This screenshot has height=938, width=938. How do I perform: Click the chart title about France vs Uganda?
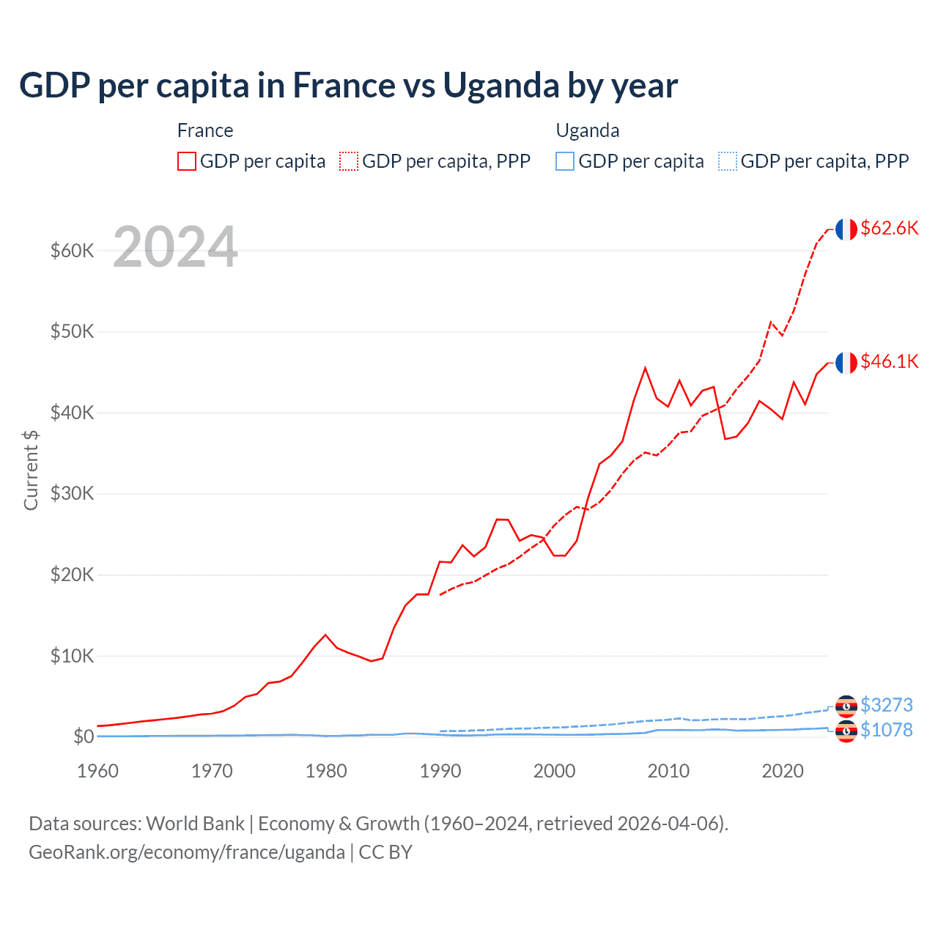pyautogui.click(x=348, y=86)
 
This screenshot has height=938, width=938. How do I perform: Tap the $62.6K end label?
pyautogui.click(x=889, y=228)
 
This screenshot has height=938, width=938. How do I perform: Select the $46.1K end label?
pyautogui.click(x=889, y=361)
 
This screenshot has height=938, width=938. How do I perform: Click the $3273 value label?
pyautogui.click(x=886, y=705)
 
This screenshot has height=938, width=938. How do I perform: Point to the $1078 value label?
pyautogui.click(x=886, y=730)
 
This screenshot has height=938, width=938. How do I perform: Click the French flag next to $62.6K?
pyautogui.click(x=846, y=229)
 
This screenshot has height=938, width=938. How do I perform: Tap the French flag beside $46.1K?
pyautogui.click(x=846, y=363)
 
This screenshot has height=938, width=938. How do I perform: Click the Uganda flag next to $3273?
pyautogui.click(x=846, y=706)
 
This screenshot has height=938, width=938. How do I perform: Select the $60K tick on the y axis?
pyautogui.click(x=72, y=251)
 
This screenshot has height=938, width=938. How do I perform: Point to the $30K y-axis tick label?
pyautogui.click(x=72, y=494)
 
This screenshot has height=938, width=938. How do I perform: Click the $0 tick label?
pyautogui.click(x=83, y=736)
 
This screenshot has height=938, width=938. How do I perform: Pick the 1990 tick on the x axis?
pyautogui.click(x=440, y=771)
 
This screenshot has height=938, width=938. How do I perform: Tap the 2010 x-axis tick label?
pyautogui.click(x=668, y=771)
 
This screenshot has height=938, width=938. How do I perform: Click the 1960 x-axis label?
pyautogui.click(x=98, y=771)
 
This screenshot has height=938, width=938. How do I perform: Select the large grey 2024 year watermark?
pyautogui.click(x=175, y=247)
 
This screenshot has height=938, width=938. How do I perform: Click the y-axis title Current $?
pyautogui.click(x=31, y=470)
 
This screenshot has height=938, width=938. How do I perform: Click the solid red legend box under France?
pyautogui.click(x=187, y=161)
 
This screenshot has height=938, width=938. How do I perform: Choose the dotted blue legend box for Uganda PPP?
pyautogui.click(x=728, y=161)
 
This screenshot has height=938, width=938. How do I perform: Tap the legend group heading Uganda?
pyautogui.click(x=588, y=130)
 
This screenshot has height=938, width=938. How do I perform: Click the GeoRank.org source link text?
pyautogui.click(x=187, y=852)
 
